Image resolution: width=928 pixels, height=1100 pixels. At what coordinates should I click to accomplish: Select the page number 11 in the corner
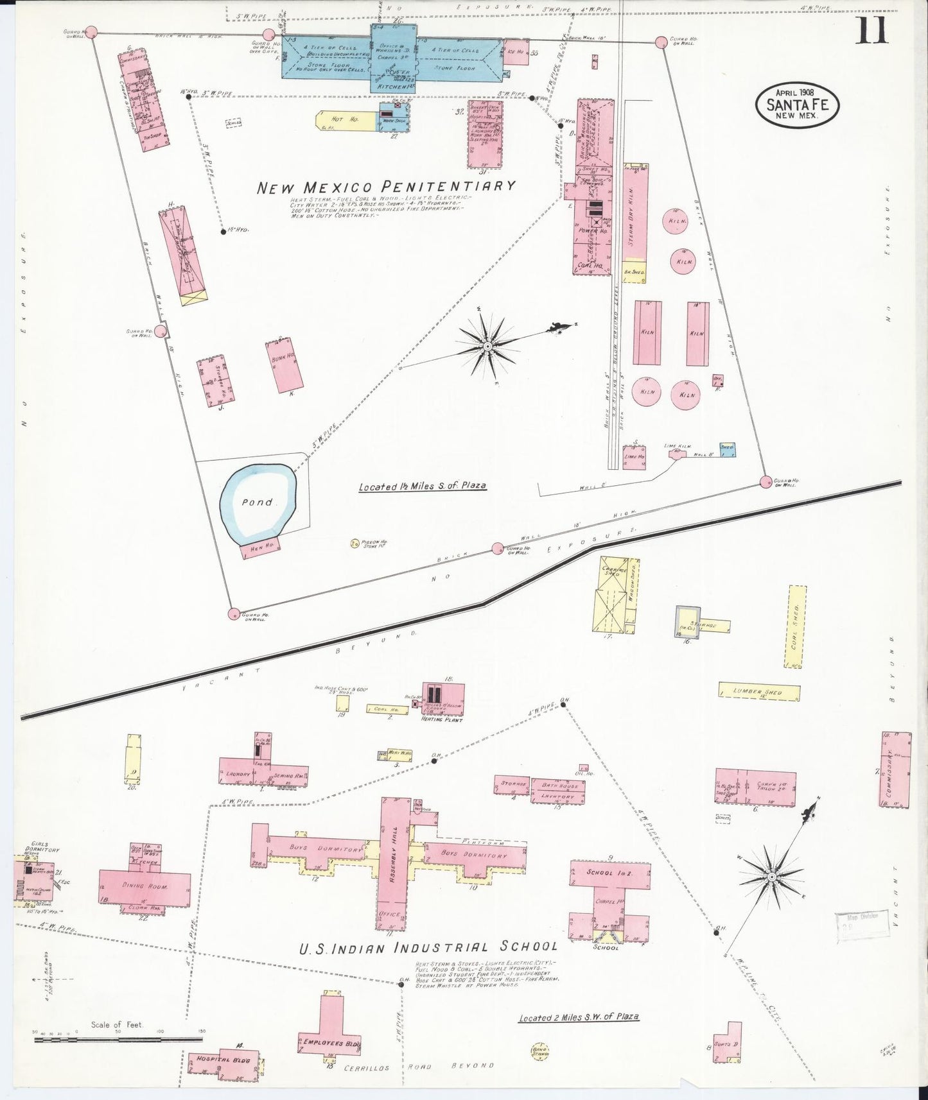tap(871, 30)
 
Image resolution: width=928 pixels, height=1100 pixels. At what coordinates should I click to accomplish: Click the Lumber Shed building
tap(759, 691)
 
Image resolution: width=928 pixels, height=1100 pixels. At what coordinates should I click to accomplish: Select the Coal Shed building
tap(796, 626)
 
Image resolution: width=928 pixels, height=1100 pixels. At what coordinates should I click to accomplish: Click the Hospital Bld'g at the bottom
tap(222, 1060)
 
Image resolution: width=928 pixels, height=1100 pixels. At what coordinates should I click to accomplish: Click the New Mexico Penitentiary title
tap(386, 187)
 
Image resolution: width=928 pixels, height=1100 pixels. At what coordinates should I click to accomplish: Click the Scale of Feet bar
tap(118, 1038)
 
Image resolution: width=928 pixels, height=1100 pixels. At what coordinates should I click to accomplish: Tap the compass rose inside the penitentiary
tap(487, 346)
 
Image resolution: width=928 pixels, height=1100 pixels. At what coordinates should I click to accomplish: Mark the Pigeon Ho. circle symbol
tap(355, 543)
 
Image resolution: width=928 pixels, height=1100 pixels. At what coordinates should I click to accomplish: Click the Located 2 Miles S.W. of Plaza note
tap(578, 1017)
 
